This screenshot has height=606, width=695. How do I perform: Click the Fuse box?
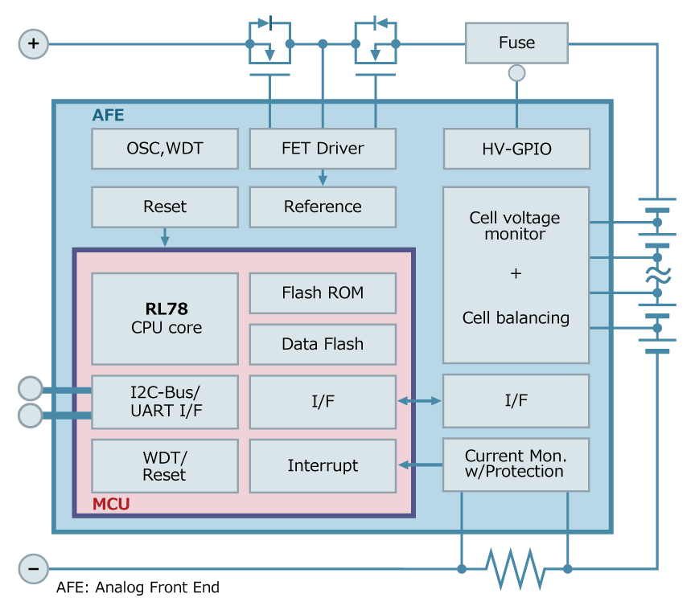[x=516, y=43]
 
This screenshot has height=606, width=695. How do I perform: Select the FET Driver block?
[x=323, y=149]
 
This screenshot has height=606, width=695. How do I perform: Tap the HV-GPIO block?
[x=516, y=149]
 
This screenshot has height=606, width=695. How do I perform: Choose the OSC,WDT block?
[x=165, y=149]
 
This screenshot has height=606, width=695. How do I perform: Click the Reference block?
[x=323, y=207]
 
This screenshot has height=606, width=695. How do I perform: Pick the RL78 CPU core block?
[x=165, y=318]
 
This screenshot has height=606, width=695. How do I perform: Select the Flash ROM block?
[x=323, y=293]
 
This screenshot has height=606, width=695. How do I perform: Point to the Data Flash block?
[x=323, y=344]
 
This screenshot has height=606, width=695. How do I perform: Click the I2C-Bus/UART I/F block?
[x=165, y=401]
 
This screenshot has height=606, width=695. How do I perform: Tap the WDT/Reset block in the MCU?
[x=165, y=466]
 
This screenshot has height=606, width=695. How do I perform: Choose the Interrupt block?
[x=323, y=465]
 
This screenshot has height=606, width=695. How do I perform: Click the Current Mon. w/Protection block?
[x=516, y=465]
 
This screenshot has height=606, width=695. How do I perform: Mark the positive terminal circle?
[x=33, y=43]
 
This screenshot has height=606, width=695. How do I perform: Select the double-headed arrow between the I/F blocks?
[x=419, y=400]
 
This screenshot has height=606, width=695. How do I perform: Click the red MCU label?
[x=111, y=505]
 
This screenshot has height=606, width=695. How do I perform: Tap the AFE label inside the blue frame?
[x=109, y=115]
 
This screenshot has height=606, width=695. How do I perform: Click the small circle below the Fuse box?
[x=516, y=73]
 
